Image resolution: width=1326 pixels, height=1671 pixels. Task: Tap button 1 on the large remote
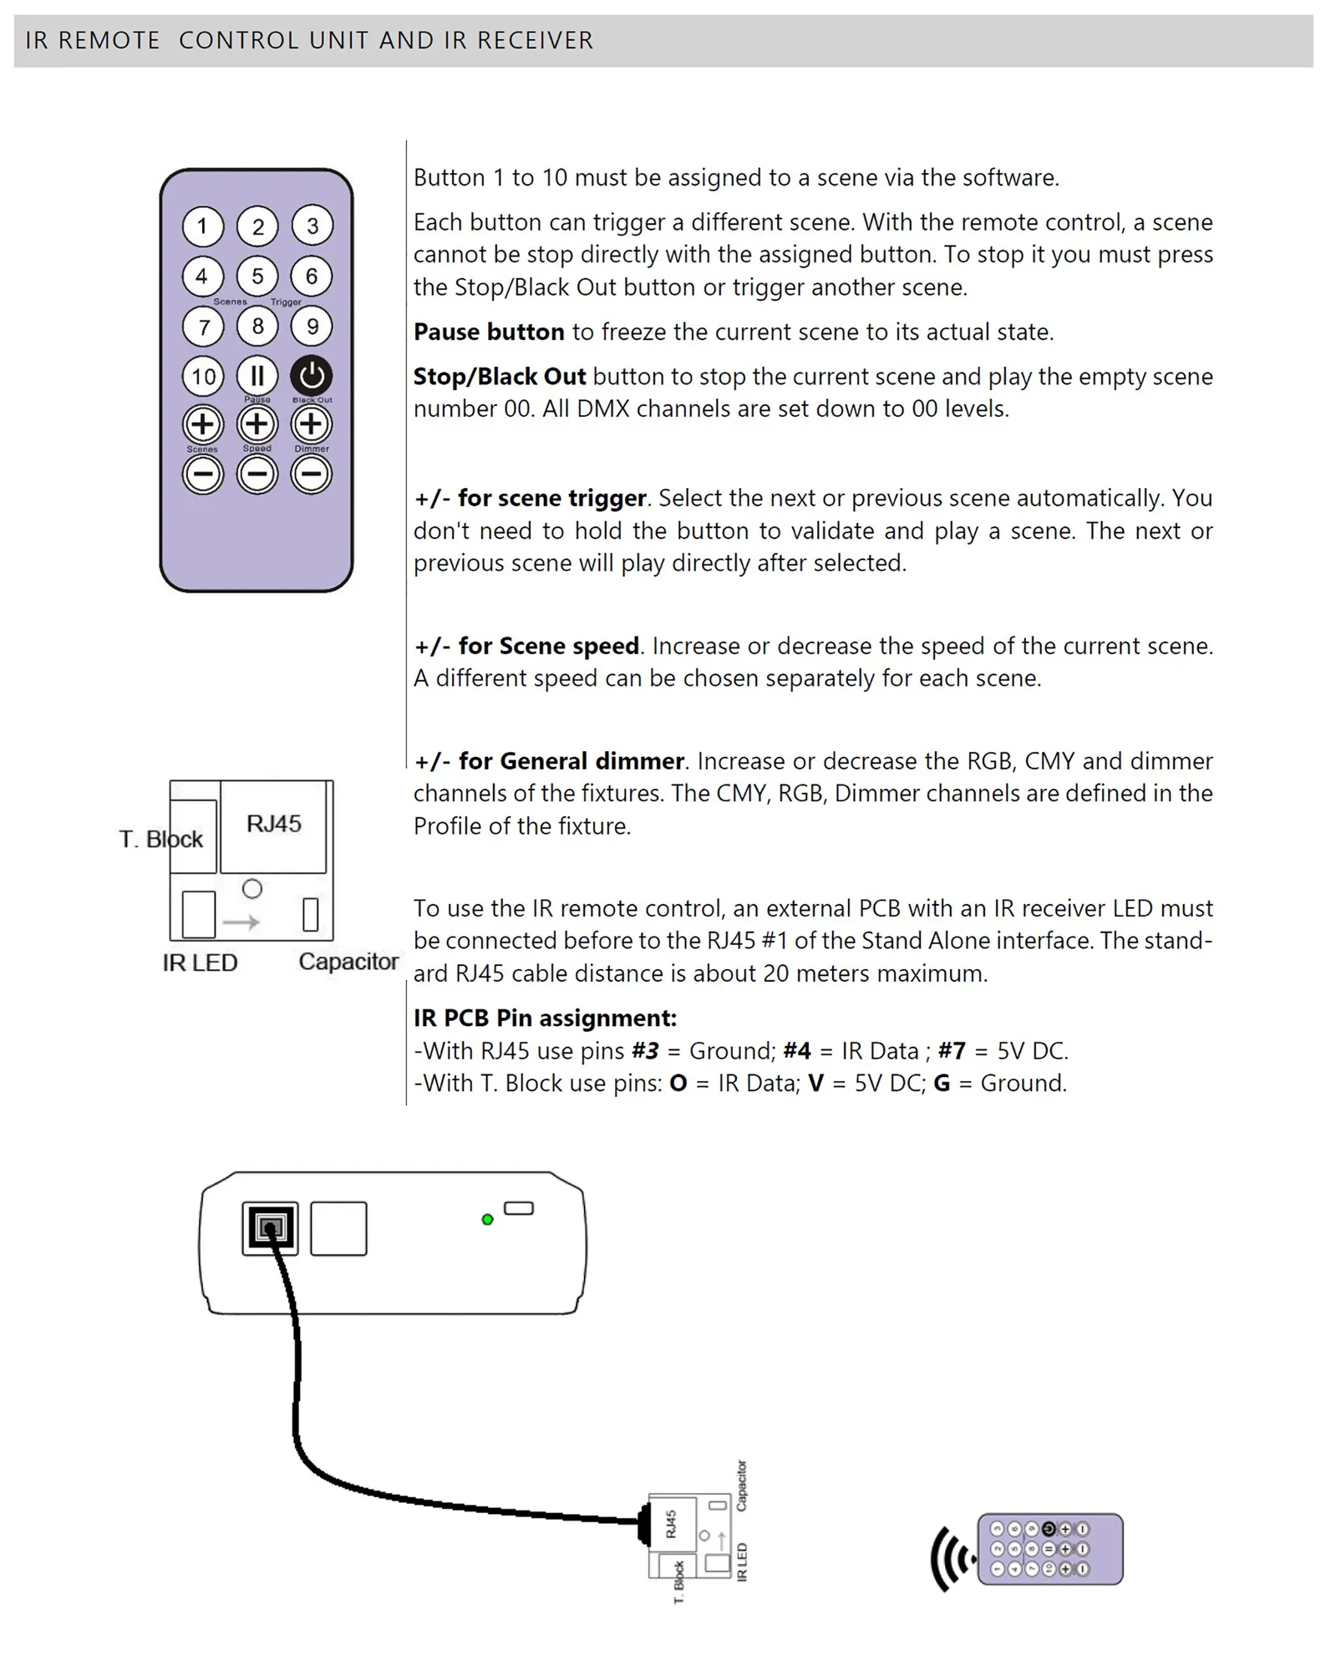[x=202, y=226]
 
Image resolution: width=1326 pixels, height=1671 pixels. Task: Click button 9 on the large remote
[x=312, y=326]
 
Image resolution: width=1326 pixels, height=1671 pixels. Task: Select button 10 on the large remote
[x=203, y=376]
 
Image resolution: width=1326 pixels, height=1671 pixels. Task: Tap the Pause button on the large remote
[x=257, y=375]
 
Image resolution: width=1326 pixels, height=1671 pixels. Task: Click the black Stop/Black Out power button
[x=312, y=376]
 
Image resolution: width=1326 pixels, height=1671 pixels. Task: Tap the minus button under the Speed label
[x=257, y=475]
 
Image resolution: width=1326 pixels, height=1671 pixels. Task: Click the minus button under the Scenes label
[x=203, y=475]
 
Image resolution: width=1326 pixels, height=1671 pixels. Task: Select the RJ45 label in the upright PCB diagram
[x=274, y=824]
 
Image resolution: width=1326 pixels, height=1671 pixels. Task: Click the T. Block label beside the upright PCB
[x=160, y=839]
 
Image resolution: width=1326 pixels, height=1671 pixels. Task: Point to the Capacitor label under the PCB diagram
[x=348, y=962]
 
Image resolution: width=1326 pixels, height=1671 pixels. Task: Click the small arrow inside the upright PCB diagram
[x=241, y=922]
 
